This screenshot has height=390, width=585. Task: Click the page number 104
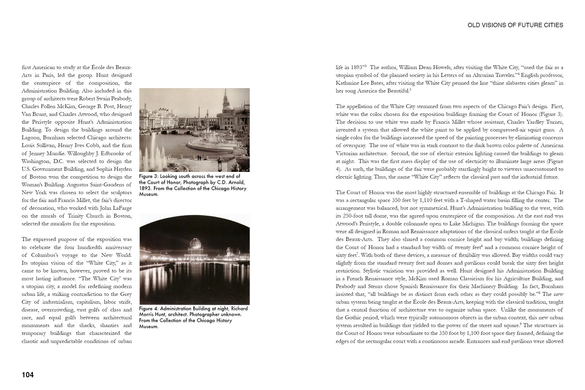click(x=28, y=375)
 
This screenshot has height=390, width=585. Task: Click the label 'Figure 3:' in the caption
click(x=148, y=176)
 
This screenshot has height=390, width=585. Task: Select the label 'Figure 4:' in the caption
click(x=148, y=308)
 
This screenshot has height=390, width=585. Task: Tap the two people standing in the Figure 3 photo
click(x=199, y=158)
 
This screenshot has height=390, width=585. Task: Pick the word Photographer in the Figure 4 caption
click(x=205, y=314)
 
